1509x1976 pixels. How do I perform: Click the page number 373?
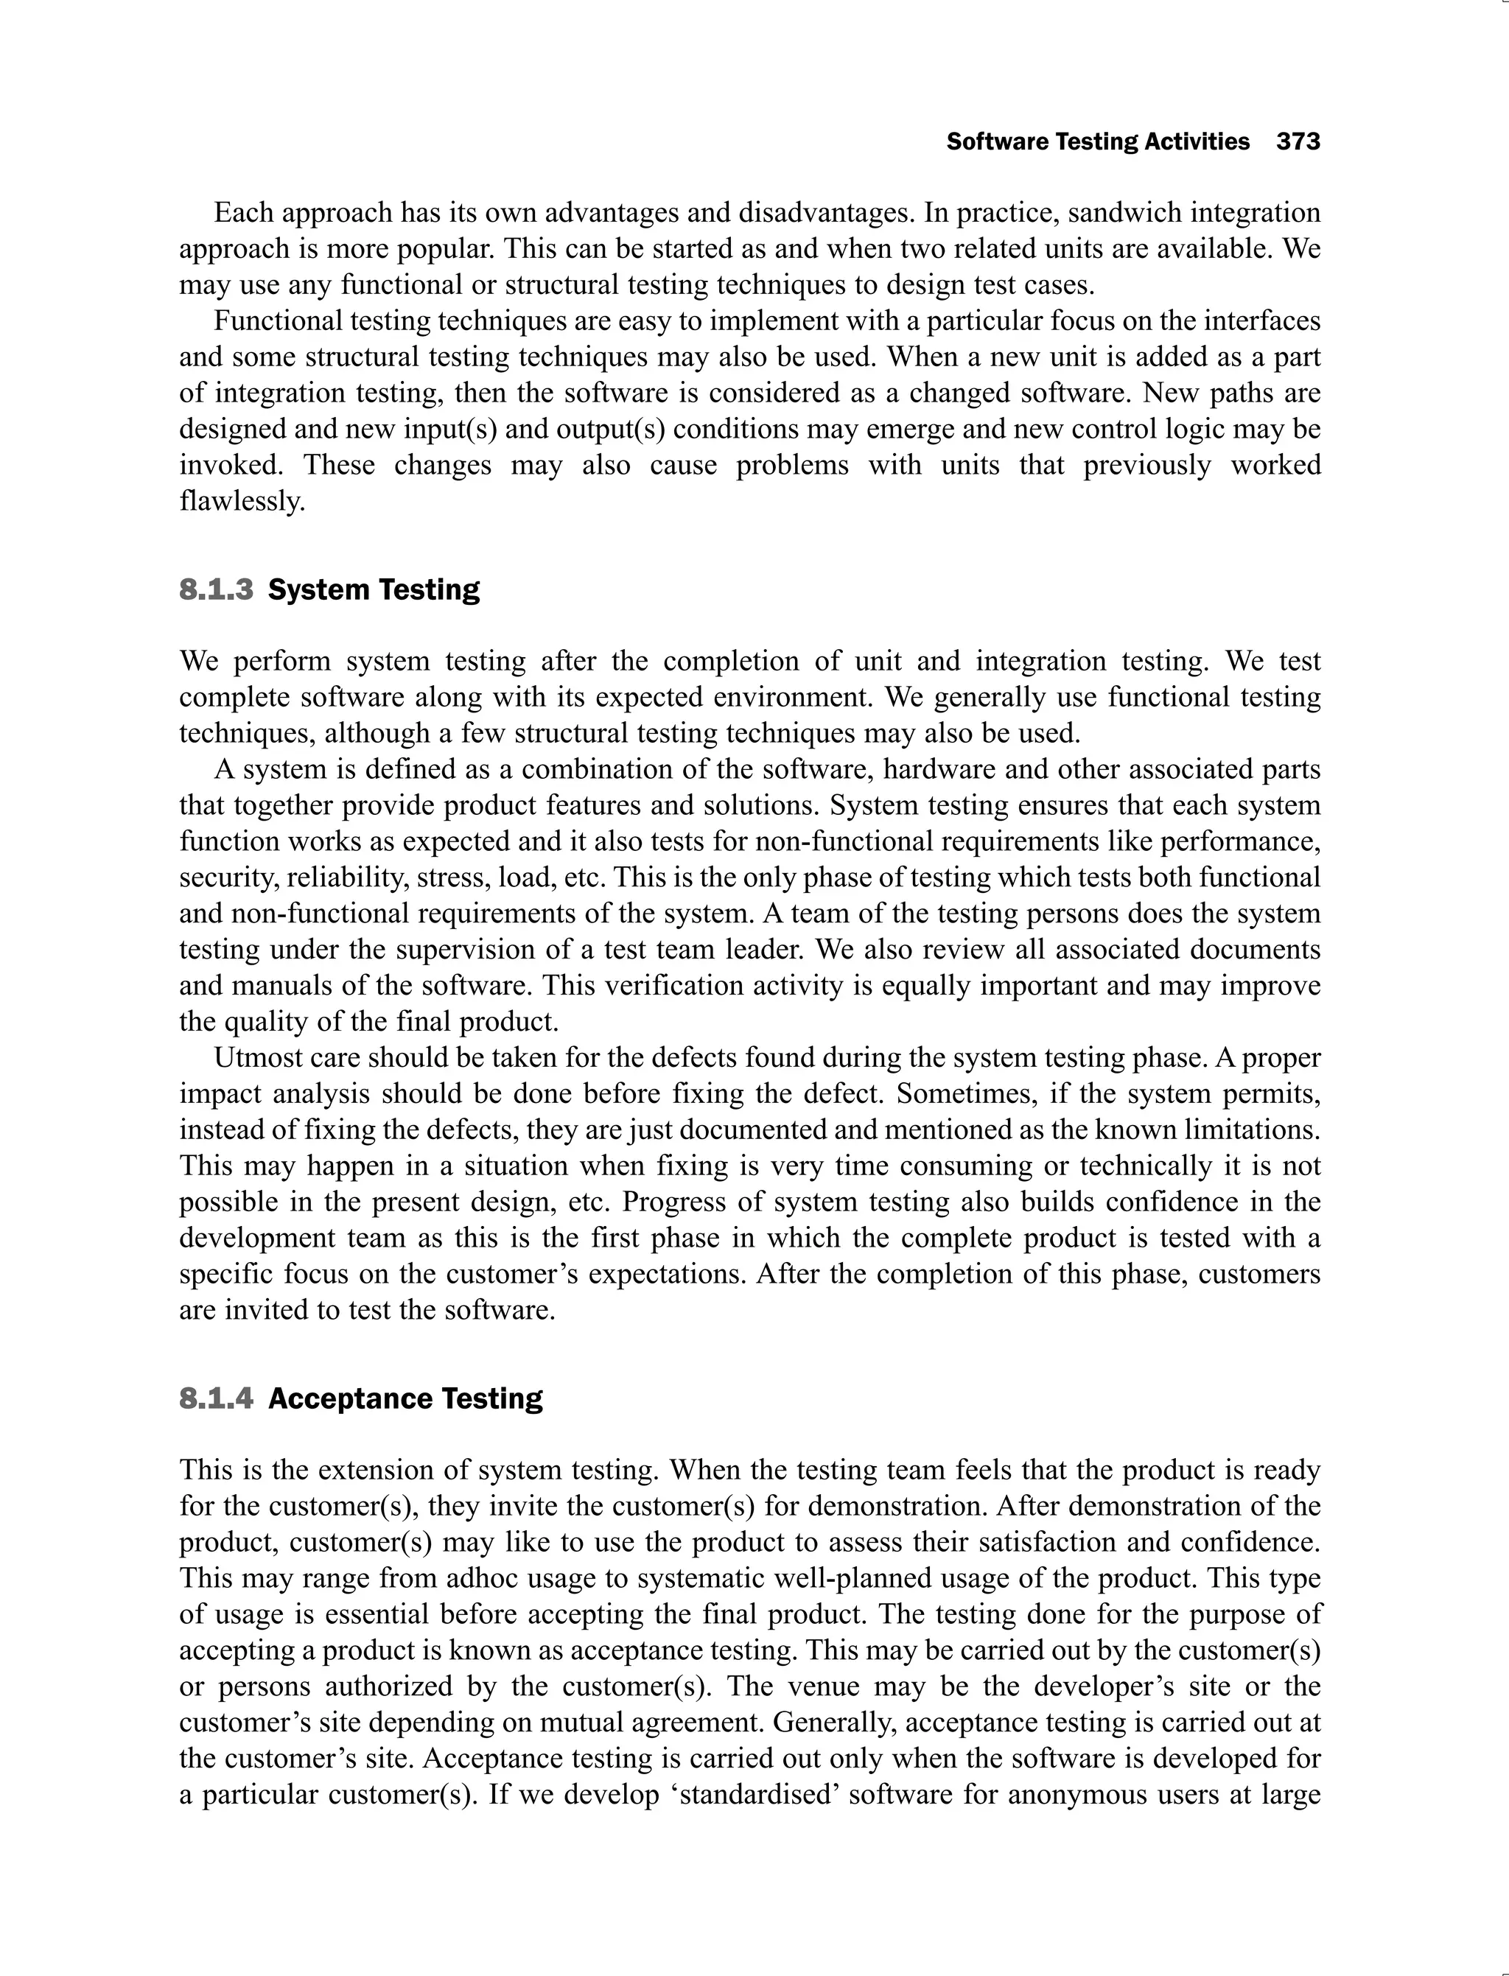pyautogui.click(x=1298, y=142)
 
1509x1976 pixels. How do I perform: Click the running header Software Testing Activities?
pyautogui.click(x=1098, y=142)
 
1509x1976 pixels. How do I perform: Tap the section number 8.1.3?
pyautogui.click(x=217, y=590)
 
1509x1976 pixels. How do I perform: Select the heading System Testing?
pyautogui.click(x=374, y=590)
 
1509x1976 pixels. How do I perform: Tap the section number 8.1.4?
pyautogui.click(x=217, y=1398)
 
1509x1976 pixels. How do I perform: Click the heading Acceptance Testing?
pyautogui.click(x=405, y=1398)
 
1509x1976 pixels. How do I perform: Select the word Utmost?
pyautogui.click(x=254, y=1058)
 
